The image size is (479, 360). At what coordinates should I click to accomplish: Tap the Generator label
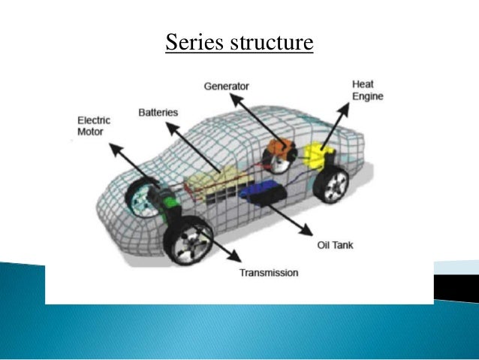(226, 86)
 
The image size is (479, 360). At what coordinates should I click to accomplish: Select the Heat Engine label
(368, 90)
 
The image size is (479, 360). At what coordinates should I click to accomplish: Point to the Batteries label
(158, 113)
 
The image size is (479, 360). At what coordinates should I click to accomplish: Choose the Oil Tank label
(331, 245)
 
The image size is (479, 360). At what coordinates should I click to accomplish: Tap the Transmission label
(269, 272)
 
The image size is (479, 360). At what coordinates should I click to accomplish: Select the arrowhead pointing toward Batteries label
(169, 126)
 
